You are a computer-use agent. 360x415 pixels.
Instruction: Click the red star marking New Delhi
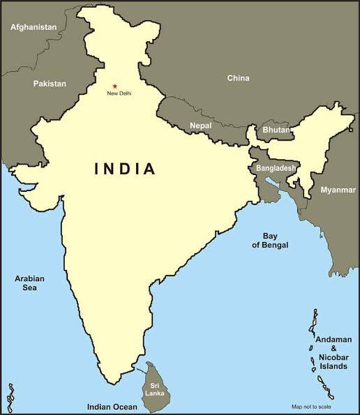click(x=115, y=86)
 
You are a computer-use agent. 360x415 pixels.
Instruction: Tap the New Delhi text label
click(x=119, y=93)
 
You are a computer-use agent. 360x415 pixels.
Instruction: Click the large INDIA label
click(x=125, y=169)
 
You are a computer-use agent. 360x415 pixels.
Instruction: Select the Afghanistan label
click(x=33, y=27)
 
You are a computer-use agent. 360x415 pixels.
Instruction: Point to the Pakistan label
click(x=50, y=84)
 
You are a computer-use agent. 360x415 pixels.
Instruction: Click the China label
click(x=238, y=78)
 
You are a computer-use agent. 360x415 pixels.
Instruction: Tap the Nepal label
click(x=200, y=126)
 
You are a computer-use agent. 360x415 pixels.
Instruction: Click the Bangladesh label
click(x=276, y=169)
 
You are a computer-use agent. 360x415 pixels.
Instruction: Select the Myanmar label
click(x=338, y=190)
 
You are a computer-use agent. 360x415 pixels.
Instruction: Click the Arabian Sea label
click(x=29, y=283)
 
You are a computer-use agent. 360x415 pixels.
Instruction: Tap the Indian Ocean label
click(x=112, y=406)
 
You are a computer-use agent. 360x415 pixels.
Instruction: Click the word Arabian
click(x=29, y=278)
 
